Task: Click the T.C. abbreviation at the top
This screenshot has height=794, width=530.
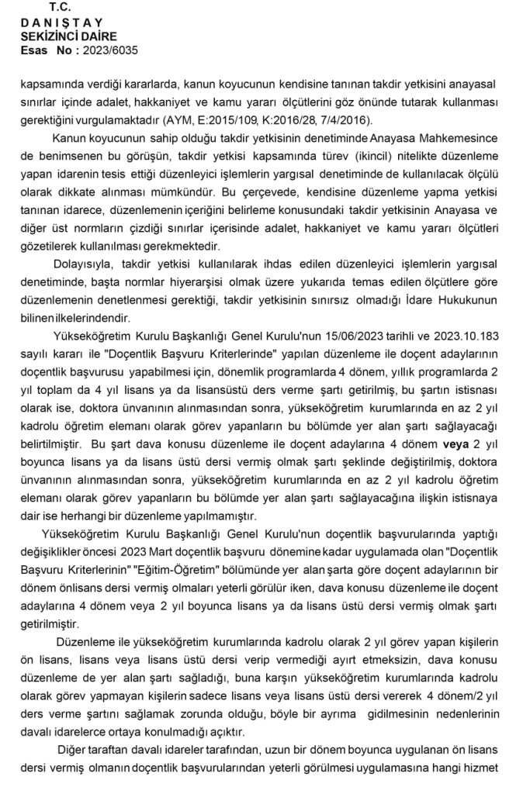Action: pyautogui.click(x=59, y=7)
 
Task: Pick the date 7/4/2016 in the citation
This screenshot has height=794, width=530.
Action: pyautogui.click(x=347, y=119)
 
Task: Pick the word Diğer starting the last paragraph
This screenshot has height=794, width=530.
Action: pyautogui.click(x=74, y=751)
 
